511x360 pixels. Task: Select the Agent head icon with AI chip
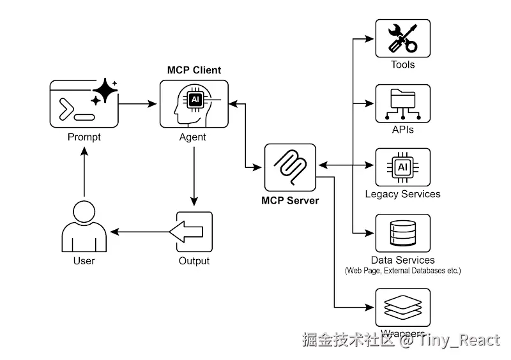[194, 103]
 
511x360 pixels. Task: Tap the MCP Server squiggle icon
[291, 167]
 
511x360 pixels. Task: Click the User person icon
[84, 227]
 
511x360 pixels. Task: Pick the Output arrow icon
[194, 232]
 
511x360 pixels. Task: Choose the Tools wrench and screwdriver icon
[402, 38]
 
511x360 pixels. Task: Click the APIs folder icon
[402, 103]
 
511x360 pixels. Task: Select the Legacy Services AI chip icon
[402, 167]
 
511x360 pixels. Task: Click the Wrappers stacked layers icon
[402, 308]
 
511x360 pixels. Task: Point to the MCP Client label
[194, 70]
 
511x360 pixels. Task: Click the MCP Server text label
[290, 200]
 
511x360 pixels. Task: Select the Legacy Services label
[402, 193]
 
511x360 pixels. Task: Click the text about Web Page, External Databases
[402, 271]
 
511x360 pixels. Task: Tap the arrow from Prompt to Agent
[138, 103]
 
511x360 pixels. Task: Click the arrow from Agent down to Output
[194, 176]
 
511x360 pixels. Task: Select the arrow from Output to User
[141, 230]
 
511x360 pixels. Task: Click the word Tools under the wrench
[402, 64]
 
